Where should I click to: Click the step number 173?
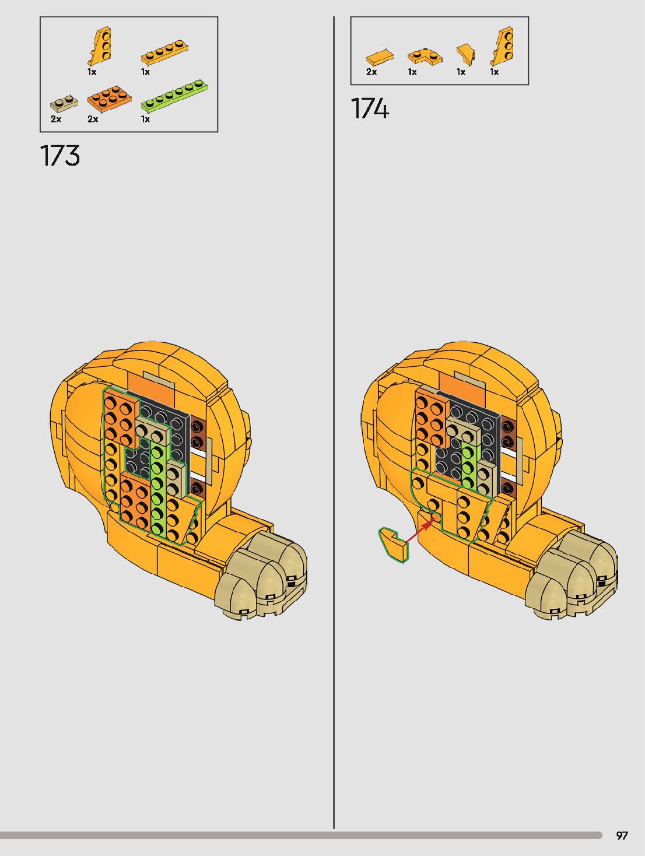(60, 156)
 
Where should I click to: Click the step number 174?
(370, 108)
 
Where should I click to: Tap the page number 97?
(622, 836)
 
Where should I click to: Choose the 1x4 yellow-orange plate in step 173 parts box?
(164, 52)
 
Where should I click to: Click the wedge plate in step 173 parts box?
(100, 46)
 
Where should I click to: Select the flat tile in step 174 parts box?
(380, 57)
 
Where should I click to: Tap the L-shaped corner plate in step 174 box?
(425, 57)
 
